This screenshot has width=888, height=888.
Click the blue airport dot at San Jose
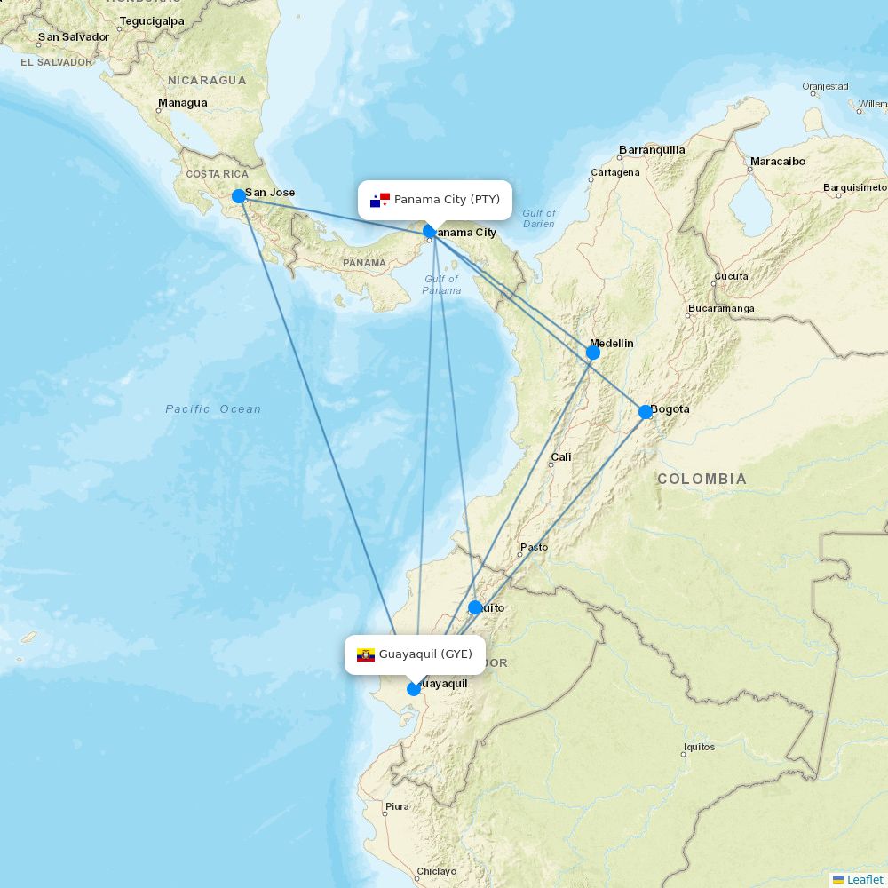(239, 196)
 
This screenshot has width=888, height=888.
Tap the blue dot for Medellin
(593, 353)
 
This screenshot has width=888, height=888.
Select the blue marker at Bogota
(646, 412)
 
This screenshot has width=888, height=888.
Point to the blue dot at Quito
(475, 607)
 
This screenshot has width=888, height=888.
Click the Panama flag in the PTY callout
(380, 200)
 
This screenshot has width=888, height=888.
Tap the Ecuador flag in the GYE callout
(366, 655)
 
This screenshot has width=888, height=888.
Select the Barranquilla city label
(652, 150)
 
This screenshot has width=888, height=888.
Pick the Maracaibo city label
(777, 162)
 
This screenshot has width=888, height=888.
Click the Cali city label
(561, 457)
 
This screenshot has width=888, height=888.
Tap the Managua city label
(182, 103)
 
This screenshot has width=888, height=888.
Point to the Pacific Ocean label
(213, 409)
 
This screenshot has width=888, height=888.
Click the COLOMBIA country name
(702, 480)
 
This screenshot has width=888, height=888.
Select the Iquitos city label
(699, 747)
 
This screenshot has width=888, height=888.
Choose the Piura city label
(397, 806)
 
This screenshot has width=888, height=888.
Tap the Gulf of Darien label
(538, 218)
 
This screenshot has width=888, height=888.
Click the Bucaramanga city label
(720, 309)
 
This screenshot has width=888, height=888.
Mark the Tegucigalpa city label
(152, 21)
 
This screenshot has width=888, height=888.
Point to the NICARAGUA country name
(207, 81)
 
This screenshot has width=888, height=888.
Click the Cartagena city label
(614, 172)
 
